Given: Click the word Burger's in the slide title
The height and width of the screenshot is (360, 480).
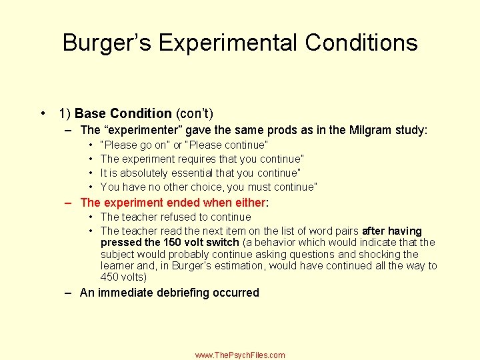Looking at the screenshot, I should tap(107, 43).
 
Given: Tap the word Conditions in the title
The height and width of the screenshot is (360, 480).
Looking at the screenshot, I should tap(362, 43).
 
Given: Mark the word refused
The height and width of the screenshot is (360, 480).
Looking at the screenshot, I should tap(176, 217).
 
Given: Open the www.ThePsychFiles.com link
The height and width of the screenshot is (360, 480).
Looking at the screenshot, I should tap(240, 355).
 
